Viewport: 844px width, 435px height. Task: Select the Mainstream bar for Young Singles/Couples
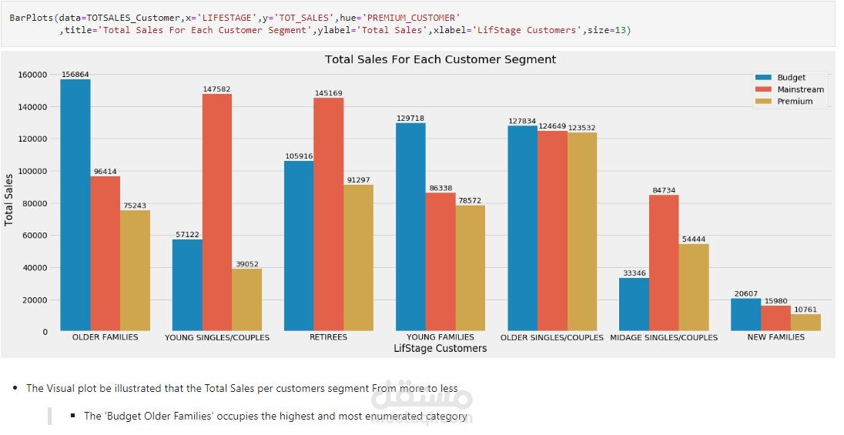216,212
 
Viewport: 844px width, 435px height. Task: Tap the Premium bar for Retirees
358,258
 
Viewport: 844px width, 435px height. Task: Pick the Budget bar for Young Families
410,227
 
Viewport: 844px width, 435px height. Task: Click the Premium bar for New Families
805,323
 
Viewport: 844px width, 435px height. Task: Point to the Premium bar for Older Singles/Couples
581,232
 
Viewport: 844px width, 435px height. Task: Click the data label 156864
75,75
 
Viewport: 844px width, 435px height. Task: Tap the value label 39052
247,263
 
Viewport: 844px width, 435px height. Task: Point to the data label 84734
664,190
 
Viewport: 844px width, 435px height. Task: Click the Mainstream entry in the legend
800,89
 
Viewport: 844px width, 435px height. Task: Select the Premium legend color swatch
764,101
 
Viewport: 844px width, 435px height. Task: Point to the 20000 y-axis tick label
35,299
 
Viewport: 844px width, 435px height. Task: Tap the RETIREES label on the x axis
328,337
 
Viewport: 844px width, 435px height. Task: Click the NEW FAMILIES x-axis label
775,337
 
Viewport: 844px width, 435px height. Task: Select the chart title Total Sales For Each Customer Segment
440,59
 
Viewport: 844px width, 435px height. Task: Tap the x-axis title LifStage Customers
440,349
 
